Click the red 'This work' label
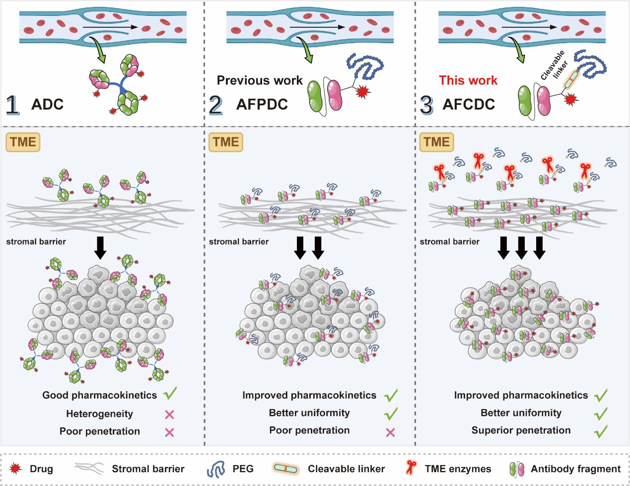click(468, 80)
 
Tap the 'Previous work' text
click(260, 80)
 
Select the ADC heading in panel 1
click(47, 104)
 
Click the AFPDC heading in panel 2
click(262, 104)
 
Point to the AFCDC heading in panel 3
click(469, 104)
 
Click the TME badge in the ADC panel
click(23, 142)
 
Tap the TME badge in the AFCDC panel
click(436, 142)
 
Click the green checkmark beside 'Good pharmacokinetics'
click(170, 393)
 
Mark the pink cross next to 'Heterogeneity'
click(169, 415)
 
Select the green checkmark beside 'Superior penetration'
click(600, 431)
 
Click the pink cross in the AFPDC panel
click(390, 433)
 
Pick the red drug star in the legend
click(15, 468)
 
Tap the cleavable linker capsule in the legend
click(285, 468)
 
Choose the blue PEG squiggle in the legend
click(215, 469)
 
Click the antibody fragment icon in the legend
click(517, 469)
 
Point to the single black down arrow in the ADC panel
click(100, 248)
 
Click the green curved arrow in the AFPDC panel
click(306, 50)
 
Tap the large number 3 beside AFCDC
click(426, 105)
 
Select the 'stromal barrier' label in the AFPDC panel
click(239, 241)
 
